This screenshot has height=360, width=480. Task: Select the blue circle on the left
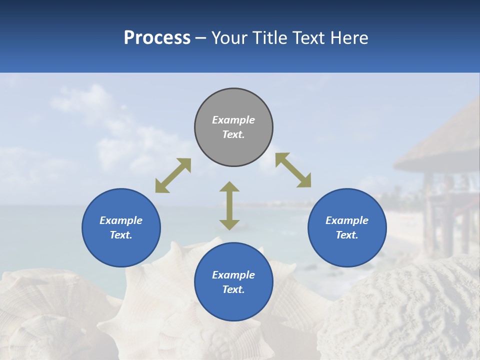point(121,227)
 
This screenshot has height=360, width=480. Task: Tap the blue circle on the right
point(347,227)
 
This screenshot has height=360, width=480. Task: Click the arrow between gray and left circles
point(173,175)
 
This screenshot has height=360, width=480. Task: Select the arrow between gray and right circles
point(293,170)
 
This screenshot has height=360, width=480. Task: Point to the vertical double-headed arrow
point(229,205)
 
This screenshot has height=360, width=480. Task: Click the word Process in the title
point(157,37)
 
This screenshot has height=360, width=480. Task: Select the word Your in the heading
point(230,37)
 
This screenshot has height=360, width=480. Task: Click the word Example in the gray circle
point(233,120)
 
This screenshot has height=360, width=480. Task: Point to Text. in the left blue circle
point(121,235)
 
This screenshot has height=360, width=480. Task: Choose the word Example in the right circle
point(347,220)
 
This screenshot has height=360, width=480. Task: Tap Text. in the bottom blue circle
point(233,289)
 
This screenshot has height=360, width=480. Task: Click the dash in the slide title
point(200,38)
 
